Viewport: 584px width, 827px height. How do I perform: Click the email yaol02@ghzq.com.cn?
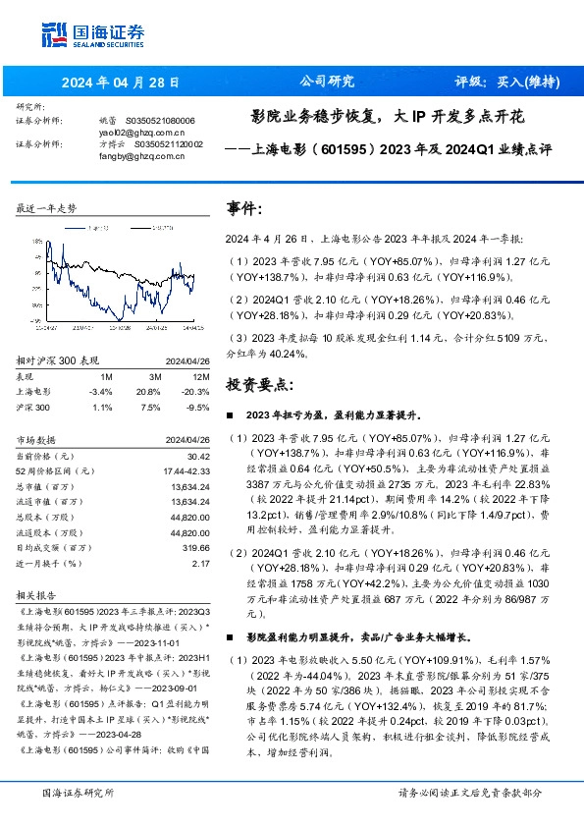click(129, 131)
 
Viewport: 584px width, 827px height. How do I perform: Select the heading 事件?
click(244, 209)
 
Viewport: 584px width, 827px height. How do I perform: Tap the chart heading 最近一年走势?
click(47, 209)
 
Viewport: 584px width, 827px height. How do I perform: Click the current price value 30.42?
click(198, 456)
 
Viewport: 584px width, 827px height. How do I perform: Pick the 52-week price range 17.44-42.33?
click(184, 470)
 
